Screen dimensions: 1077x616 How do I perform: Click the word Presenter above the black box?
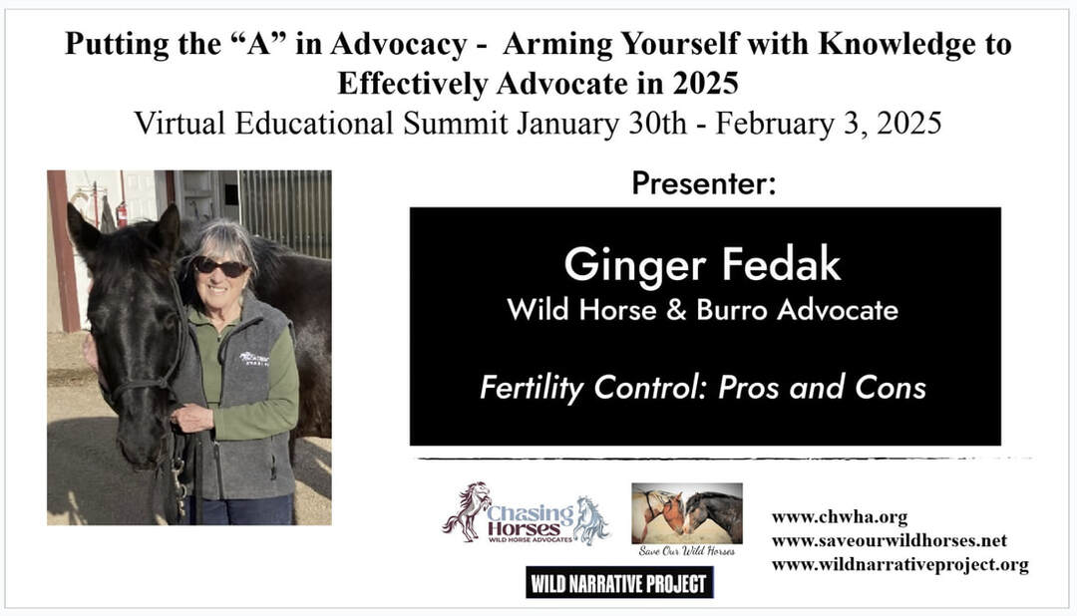(703, 183)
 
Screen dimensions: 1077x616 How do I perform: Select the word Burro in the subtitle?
(731, 310)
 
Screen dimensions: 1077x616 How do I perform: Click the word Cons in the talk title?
(891, 388)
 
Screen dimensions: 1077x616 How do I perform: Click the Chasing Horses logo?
(526, 513)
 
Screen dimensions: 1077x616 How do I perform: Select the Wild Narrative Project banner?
(619, 583)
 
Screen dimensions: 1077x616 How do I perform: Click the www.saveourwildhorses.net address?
(889, 540)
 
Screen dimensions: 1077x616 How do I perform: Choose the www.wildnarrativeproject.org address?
(899, 564)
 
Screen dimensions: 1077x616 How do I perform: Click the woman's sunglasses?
(220, 267)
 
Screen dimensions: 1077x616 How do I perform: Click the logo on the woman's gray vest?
(253, 359)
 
